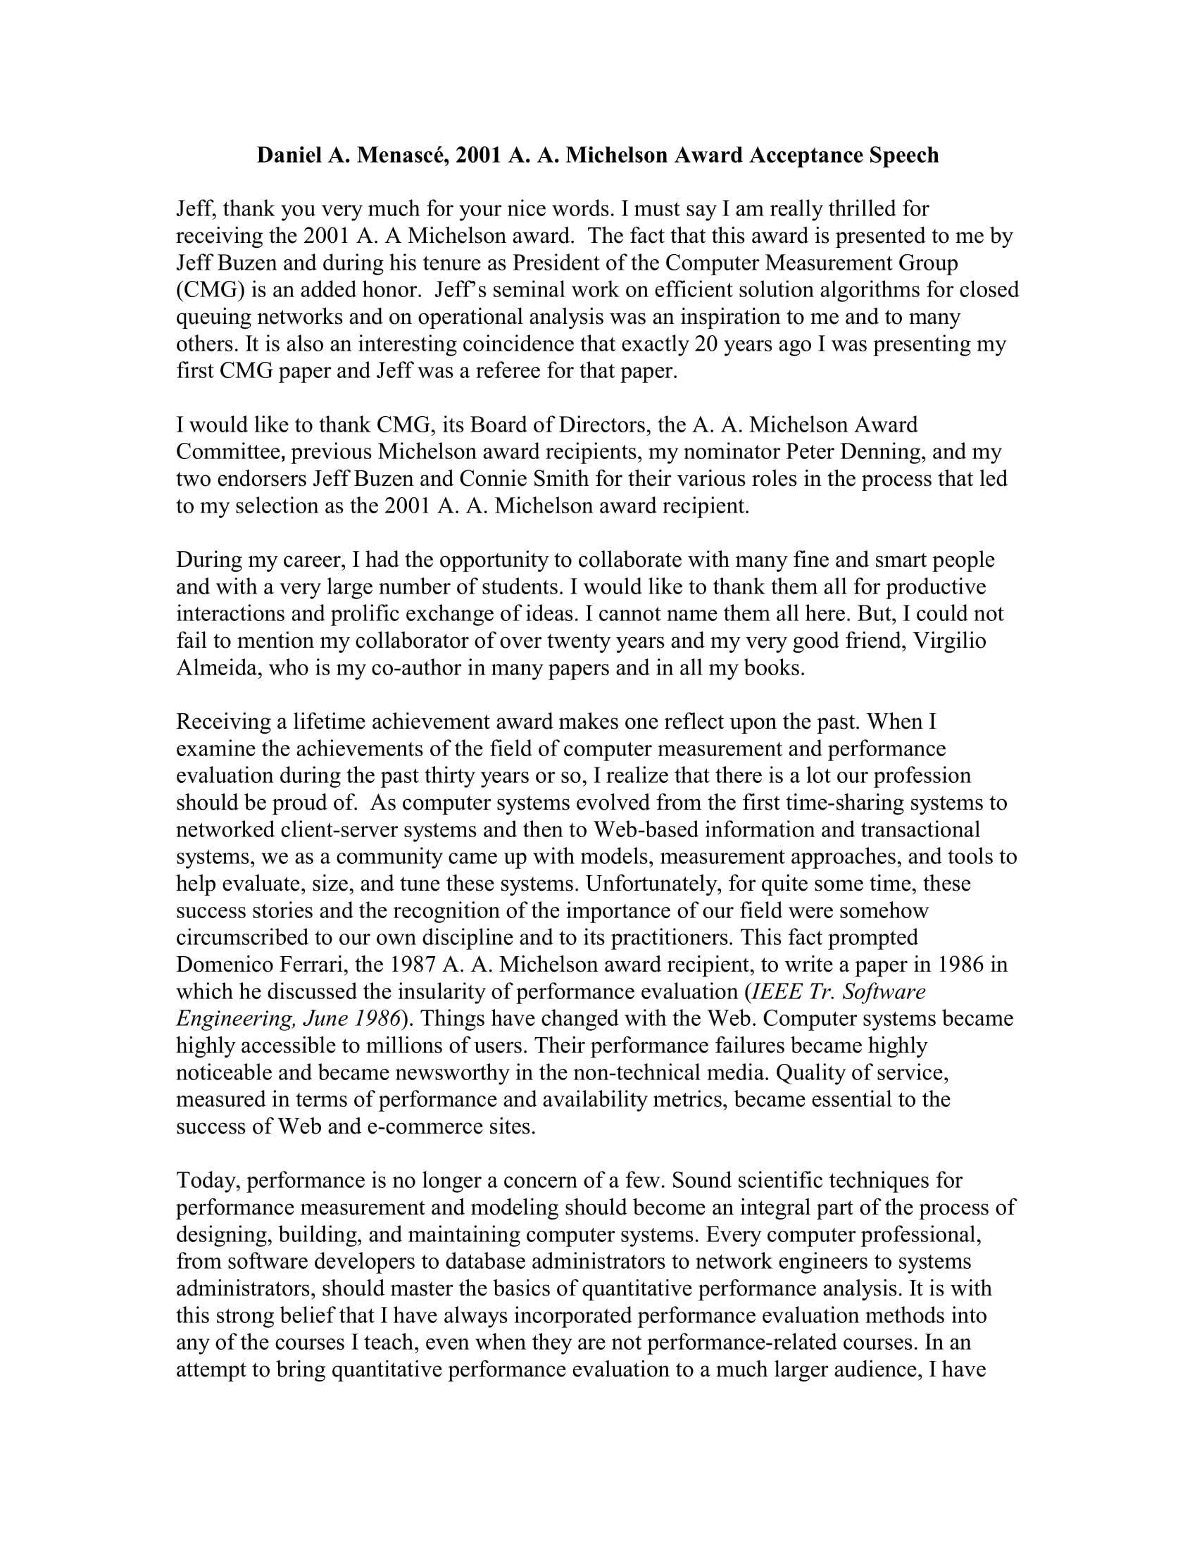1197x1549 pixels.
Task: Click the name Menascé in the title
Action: tap(401, 155)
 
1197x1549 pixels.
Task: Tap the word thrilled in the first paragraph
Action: tap(861, 208)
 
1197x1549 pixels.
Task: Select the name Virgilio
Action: tap(951, 640)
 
